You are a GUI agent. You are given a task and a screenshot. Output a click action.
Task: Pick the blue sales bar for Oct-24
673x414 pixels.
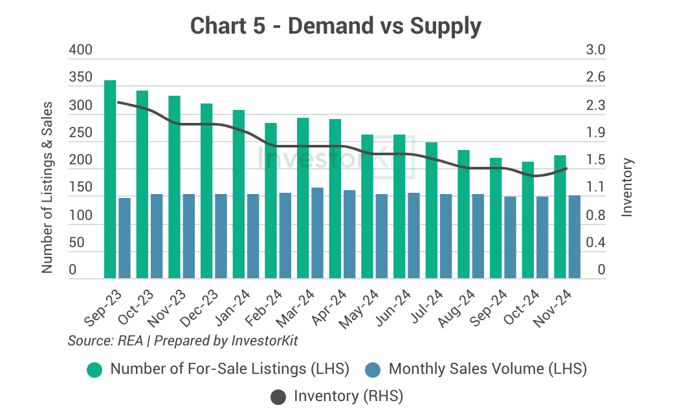pos(542,237)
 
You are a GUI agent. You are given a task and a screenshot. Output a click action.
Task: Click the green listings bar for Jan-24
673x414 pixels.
pos(239,194)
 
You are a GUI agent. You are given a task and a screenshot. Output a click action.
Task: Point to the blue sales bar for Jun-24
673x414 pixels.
pos(414,235)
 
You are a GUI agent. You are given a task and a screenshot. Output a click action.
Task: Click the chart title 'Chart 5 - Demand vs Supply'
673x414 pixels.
pos(336,26)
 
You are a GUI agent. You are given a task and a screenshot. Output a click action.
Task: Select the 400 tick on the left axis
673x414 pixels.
pos(81,50)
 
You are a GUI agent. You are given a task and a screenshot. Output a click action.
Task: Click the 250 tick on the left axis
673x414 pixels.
pos(81,133)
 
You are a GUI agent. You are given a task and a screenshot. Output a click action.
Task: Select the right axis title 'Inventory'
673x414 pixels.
pos(626,188)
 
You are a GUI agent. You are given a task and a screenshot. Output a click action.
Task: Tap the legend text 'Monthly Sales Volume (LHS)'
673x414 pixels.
pos(487,369)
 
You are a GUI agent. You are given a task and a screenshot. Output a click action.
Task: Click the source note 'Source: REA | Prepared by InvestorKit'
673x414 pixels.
pos(182,340)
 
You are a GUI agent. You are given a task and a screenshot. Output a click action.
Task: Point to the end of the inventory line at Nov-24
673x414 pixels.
pos(567,168)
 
